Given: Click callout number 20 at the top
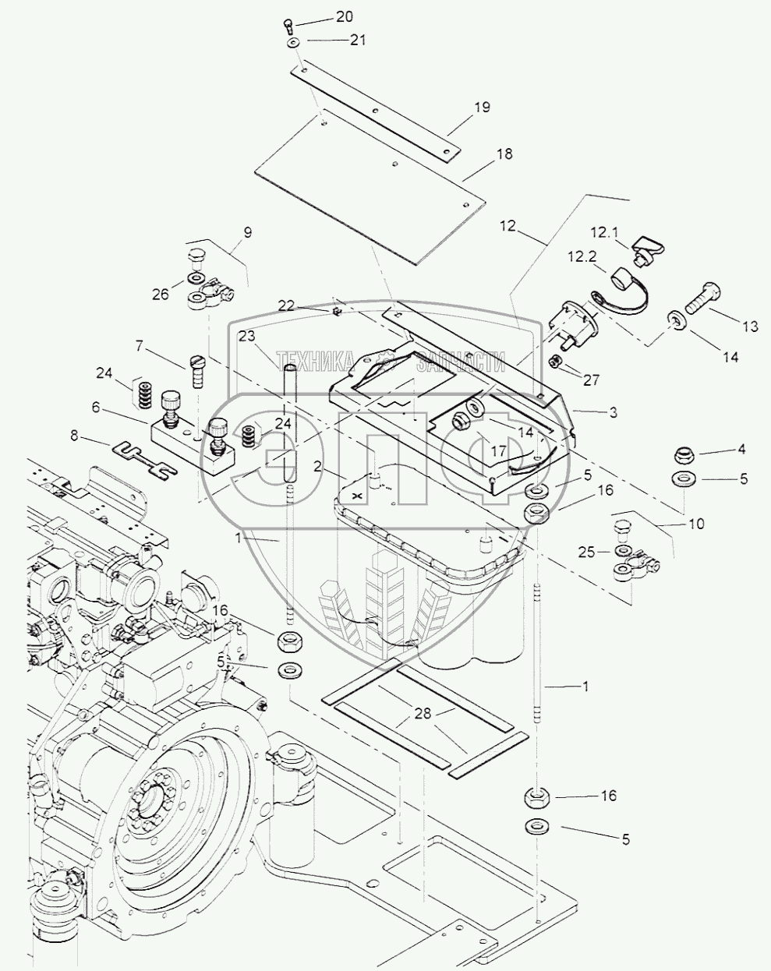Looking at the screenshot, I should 344,16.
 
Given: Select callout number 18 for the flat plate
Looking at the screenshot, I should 504,154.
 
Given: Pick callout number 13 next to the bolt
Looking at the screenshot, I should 749,327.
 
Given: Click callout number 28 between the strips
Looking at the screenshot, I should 445,711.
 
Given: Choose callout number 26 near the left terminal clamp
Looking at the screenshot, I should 160,295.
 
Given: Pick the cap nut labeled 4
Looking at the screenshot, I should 684,454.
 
